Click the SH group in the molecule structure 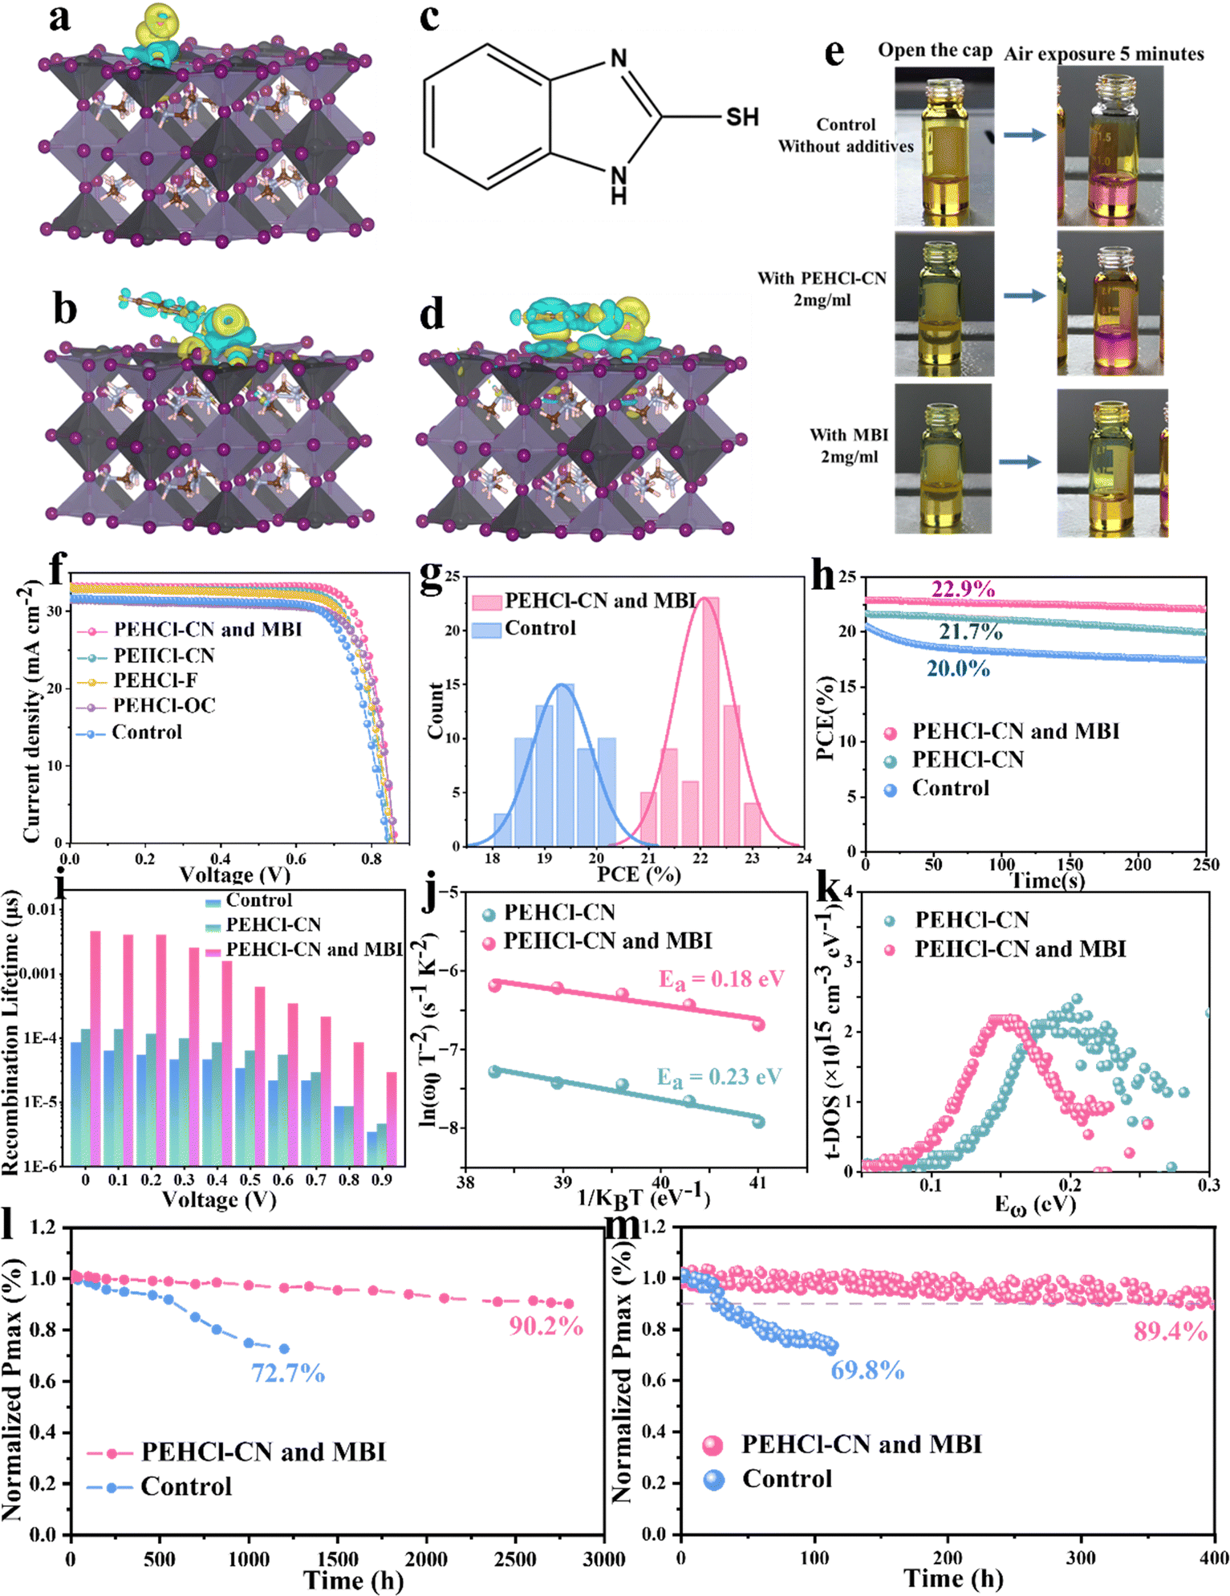(x=742, y=117)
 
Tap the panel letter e (x=834, y=53)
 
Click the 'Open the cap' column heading (x=935, y=50)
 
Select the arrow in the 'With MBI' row (x=1020, y=461)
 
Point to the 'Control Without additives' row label (x=846, y=135)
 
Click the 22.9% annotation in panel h (x=963, y=589)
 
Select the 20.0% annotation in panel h (x=958, y=668)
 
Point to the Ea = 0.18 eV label (x=721, y=979)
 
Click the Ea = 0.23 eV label (x=719, y=1077)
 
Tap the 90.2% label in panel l (x=546, y=1326)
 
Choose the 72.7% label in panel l (x=288, y=1374)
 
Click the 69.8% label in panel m (x=867, y=1371)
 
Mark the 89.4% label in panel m (x=1170, y=1332)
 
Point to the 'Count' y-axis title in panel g (x=436, y=710)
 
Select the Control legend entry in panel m (x=768, y=1479)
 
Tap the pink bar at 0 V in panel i (x=95, y=1048)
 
